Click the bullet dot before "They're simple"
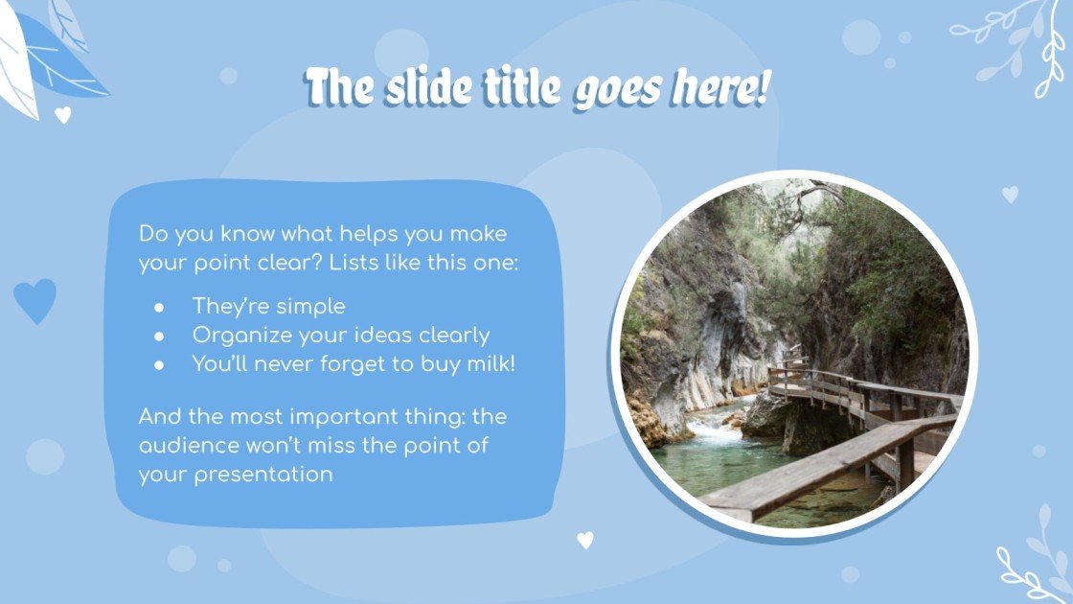pos(159,307)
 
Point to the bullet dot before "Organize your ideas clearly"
pos(159,336)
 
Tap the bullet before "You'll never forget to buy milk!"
pos(159,364)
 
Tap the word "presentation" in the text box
pos(255,474)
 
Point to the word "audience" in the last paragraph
pos(189,446)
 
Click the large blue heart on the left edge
pos(35,300)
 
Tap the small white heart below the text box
pos(585,540)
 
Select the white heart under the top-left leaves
pos(63,115)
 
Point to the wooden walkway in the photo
pos(843,451)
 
